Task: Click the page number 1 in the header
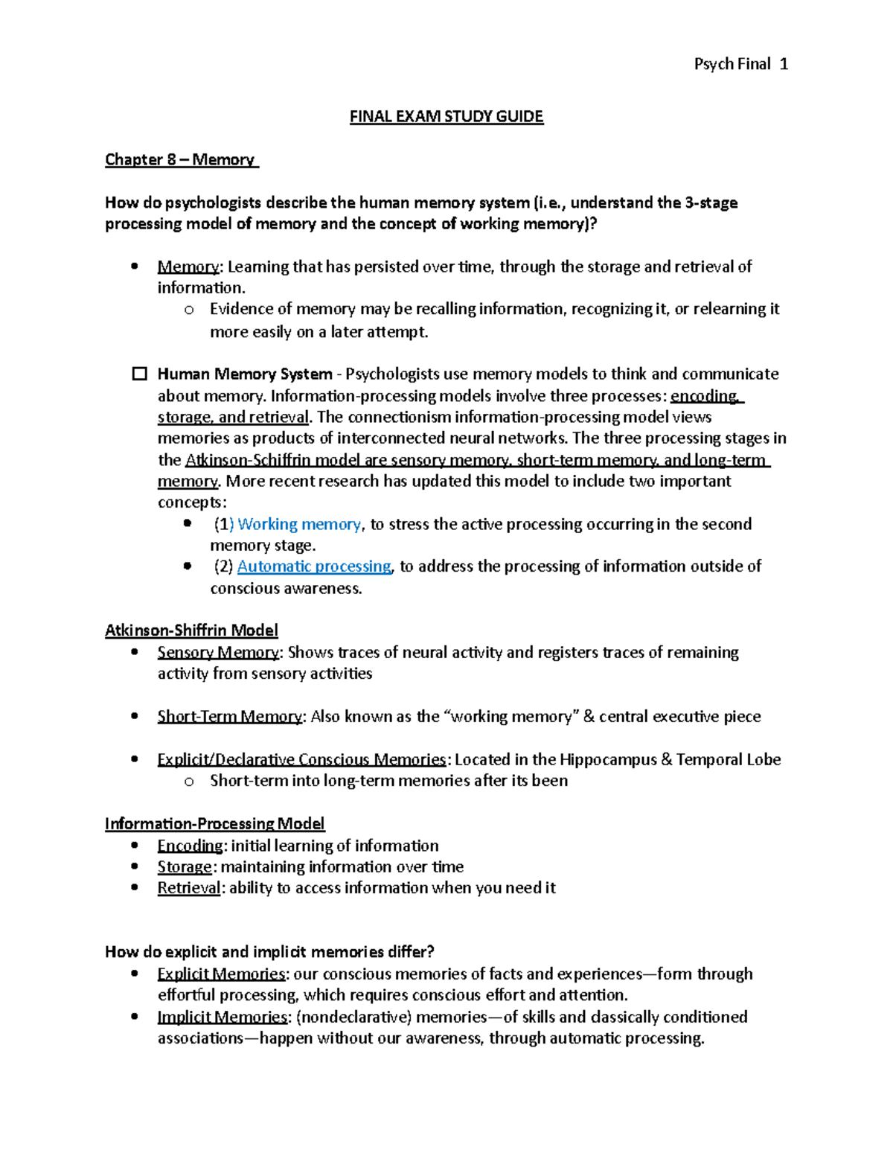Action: pos(784,64)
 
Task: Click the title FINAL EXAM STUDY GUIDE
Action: pos(446,116)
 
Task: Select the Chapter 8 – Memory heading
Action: pos(180,159)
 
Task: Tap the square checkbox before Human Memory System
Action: pos(139,374)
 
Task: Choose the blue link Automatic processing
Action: pos(314,566)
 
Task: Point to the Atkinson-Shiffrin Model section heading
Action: pos(191,630)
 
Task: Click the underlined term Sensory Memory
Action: pos(218,653)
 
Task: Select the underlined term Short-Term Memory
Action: pos(229,717)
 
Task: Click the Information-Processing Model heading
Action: pos(214,823)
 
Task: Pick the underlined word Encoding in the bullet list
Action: pos(190,846)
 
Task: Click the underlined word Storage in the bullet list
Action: pos(185,866)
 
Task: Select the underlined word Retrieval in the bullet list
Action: pos(189,888)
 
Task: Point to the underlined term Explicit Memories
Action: pos(221,974)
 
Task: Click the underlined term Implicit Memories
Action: pos(222,1017)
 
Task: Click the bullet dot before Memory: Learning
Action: pos(135,266)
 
